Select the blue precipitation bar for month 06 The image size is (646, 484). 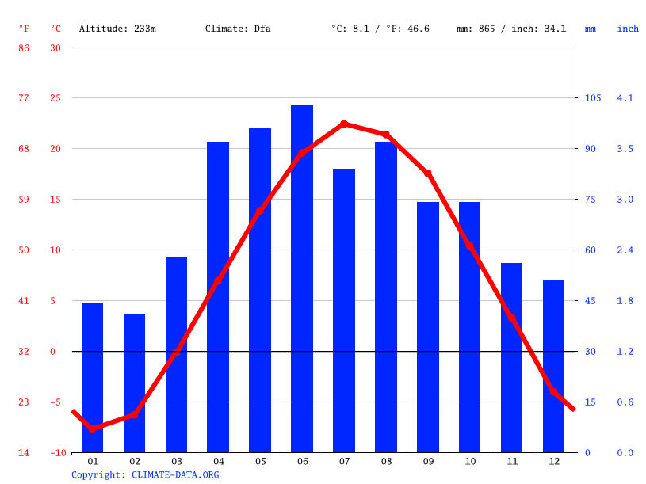coord(302,277)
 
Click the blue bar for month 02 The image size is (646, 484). coord(134,383)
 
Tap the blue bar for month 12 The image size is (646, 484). coord(553,365)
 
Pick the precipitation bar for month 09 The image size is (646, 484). coord(428,326)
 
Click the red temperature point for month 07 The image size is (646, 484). coord(344,124)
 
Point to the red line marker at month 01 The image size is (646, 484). coord(93,429)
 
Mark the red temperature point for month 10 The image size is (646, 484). coord(470,246)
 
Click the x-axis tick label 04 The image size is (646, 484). coord(218,462)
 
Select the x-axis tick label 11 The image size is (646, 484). coord(512,462)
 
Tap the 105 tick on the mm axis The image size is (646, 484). coord(592,98)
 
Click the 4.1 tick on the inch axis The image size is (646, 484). coord(625,98)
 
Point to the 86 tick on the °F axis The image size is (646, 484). coord(24,48)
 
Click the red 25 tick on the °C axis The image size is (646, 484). coord(55,98)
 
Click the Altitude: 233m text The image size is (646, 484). coord(117,29)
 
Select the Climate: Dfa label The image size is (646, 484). coord(238,29)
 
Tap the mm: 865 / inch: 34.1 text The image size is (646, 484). coord(510,29)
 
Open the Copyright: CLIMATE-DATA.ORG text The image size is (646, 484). coord(145,475)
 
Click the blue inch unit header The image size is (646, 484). coord(628,29)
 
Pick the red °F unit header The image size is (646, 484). coord(24,29)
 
